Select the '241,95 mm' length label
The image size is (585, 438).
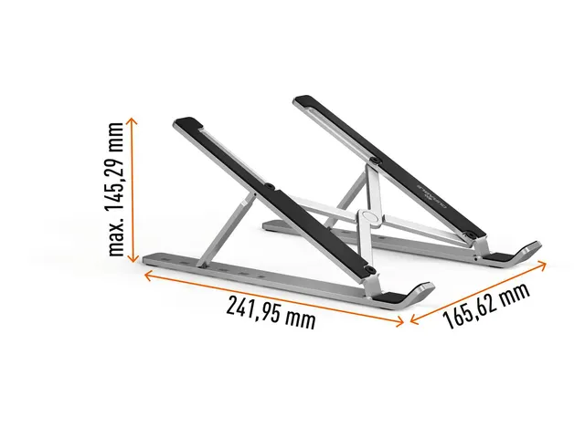click(271, 313)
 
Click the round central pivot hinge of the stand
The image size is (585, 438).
click(367, 218)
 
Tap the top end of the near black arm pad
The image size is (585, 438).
click(186, 123)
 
